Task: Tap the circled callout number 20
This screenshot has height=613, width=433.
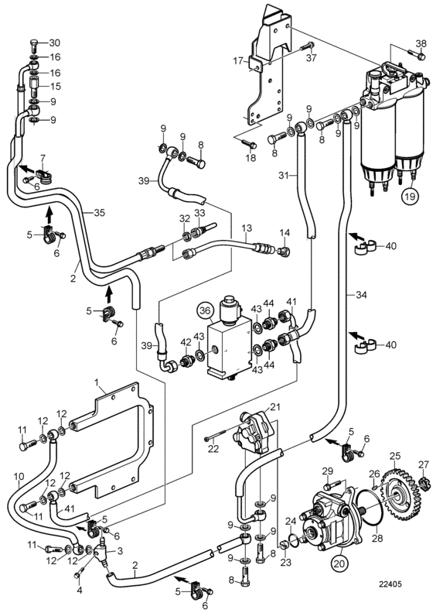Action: click(x=339, y=563)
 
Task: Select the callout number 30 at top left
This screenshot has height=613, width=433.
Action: click(x=55, y=43)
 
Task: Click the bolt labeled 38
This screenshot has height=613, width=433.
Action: click(x=416, y=54)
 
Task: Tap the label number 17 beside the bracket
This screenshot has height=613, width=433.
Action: click(x=238, y=61)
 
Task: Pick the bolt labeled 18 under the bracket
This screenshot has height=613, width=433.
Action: click(x=248, y=144)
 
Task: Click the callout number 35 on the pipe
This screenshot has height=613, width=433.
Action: click(x=99, y=213)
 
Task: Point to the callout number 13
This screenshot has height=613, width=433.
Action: click(x=247, y=228)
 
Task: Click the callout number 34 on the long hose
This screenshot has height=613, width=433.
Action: click(x=362, y=294)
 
